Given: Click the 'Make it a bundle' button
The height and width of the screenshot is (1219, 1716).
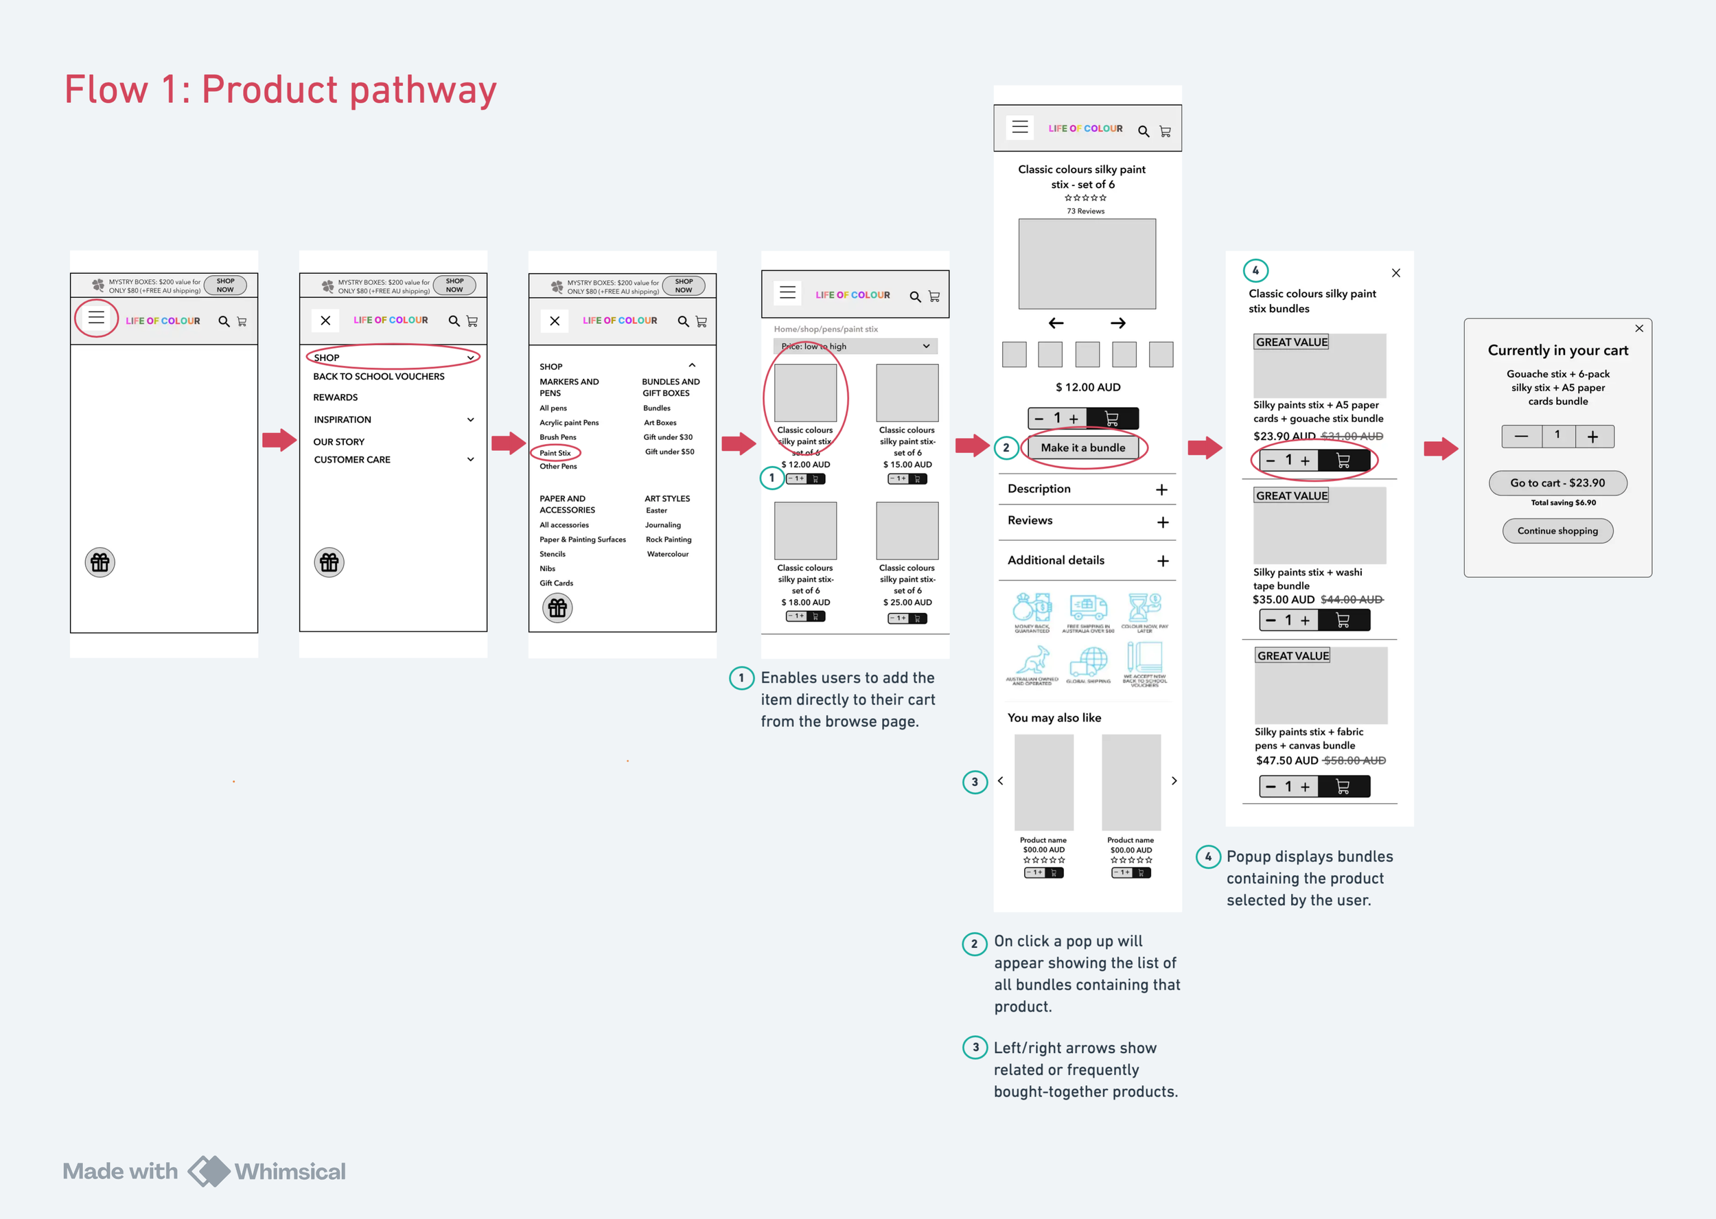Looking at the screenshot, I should (x=1082, y=448).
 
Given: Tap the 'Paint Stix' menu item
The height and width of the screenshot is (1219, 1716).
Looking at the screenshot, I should (x=555, y=452).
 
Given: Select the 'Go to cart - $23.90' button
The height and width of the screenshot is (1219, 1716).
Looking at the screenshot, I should (x=1557, y=483).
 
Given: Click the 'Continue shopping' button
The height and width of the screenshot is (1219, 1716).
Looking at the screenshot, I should (x=1557, y=531).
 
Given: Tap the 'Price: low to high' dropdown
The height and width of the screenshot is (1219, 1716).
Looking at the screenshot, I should (x=855, y=346).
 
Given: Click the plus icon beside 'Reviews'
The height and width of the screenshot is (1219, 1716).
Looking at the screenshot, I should (x=1163, y=522).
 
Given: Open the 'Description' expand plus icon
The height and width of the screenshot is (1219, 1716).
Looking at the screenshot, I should (x=1162, y=490).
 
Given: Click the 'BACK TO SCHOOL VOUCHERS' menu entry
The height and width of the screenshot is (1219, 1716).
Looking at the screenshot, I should (x=378, y=377).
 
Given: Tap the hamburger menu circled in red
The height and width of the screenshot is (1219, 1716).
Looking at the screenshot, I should (x=96, y=318).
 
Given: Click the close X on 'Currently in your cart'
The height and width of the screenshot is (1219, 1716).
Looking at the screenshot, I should (x=1639, y=328).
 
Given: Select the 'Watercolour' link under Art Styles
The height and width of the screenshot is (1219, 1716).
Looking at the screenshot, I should (x=667, y=554).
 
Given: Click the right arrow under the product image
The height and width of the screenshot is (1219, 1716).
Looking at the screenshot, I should (x=1117, y=323).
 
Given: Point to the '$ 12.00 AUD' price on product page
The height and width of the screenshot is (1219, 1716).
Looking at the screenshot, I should (x=1087, y=387).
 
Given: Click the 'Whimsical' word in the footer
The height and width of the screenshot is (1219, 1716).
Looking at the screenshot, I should (x=290, y=1171).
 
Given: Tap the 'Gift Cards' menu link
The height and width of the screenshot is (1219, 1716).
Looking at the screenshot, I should (x=556, y=583).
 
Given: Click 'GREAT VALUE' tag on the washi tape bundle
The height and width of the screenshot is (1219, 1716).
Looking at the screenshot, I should (x=1292, y=496).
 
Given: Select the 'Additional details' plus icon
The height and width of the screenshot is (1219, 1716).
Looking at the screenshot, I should (x=1163, y=561).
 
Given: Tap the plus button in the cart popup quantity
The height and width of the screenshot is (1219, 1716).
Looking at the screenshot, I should (x=1593, y=437).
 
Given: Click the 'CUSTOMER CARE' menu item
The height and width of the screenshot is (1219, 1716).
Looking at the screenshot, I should (x=352, y=459).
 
